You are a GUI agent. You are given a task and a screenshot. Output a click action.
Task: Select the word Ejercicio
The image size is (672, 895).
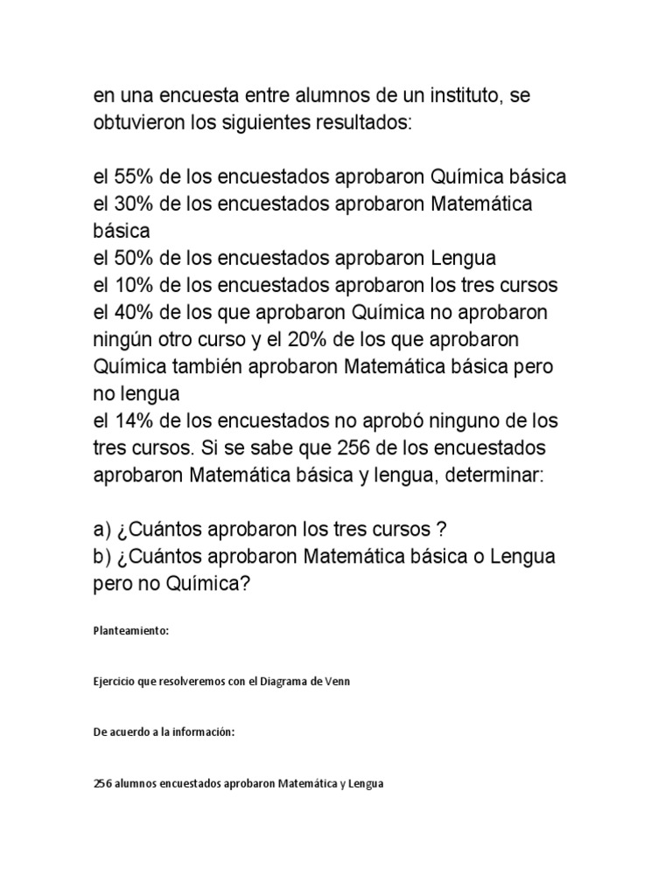(115, 683)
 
